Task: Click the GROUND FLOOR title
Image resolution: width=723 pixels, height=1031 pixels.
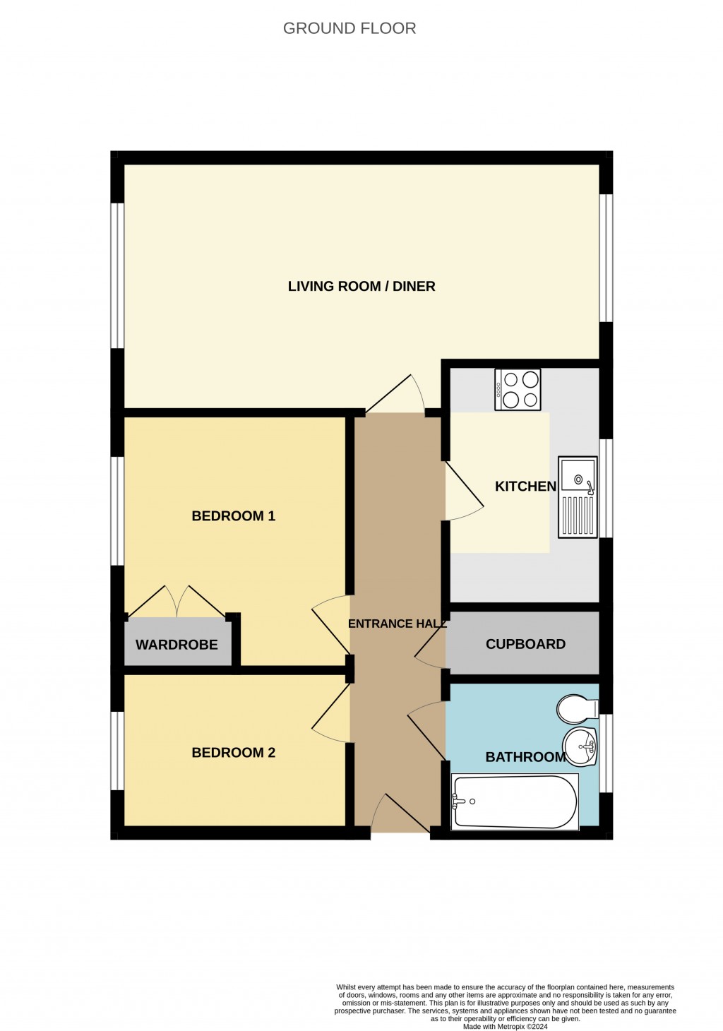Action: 349,28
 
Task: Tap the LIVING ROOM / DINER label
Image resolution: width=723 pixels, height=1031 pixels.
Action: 361,286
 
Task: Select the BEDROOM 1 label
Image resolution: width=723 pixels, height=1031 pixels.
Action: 233,515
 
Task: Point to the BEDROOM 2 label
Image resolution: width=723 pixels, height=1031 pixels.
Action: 233,752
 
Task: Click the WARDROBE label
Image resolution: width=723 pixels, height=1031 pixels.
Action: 177,644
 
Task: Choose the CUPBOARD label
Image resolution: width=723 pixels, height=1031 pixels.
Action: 525,643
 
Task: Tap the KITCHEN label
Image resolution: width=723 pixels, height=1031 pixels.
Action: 525,486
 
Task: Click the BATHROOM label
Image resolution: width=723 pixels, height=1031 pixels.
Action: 525,756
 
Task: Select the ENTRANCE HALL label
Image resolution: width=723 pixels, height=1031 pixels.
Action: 397,624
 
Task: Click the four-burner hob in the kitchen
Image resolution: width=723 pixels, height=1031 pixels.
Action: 518,389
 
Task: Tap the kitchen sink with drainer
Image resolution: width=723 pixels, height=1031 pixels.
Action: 578,496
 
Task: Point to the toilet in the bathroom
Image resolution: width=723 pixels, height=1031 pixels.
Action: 577,708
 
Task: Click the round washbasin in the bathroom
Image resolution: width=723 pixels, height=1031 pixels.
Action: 580,746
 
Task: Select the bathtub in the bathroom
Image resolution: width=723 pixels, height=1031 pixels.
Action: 515,802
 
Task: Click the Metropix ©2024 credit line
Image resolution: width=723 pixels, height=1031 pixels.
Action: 505,1026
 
